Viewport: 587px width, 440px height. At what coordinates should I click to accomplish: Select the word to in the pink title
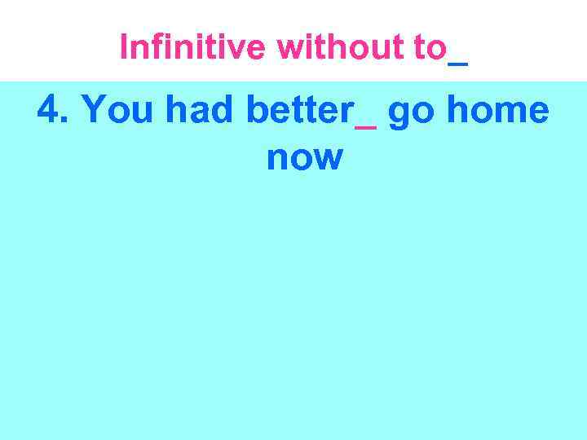(x=430, y=47)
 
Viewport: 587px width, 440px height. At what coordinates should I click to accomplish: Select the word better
(x=298, y=111)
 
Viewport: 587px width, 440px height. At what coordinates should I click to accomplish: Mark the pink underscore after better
(x=365, y=127)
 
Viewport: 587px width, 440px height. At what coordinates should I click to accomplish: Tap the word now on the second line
(x=304, y=156)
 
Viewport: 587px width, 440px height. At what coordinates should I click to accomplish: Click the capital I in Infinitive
(x=123, y=47)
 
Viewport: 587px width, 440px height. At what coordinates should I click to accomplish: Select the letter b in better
(x=256, y=111)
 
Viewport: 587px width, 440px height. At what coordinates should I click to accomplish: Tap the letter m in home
(x=512, y=114)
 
